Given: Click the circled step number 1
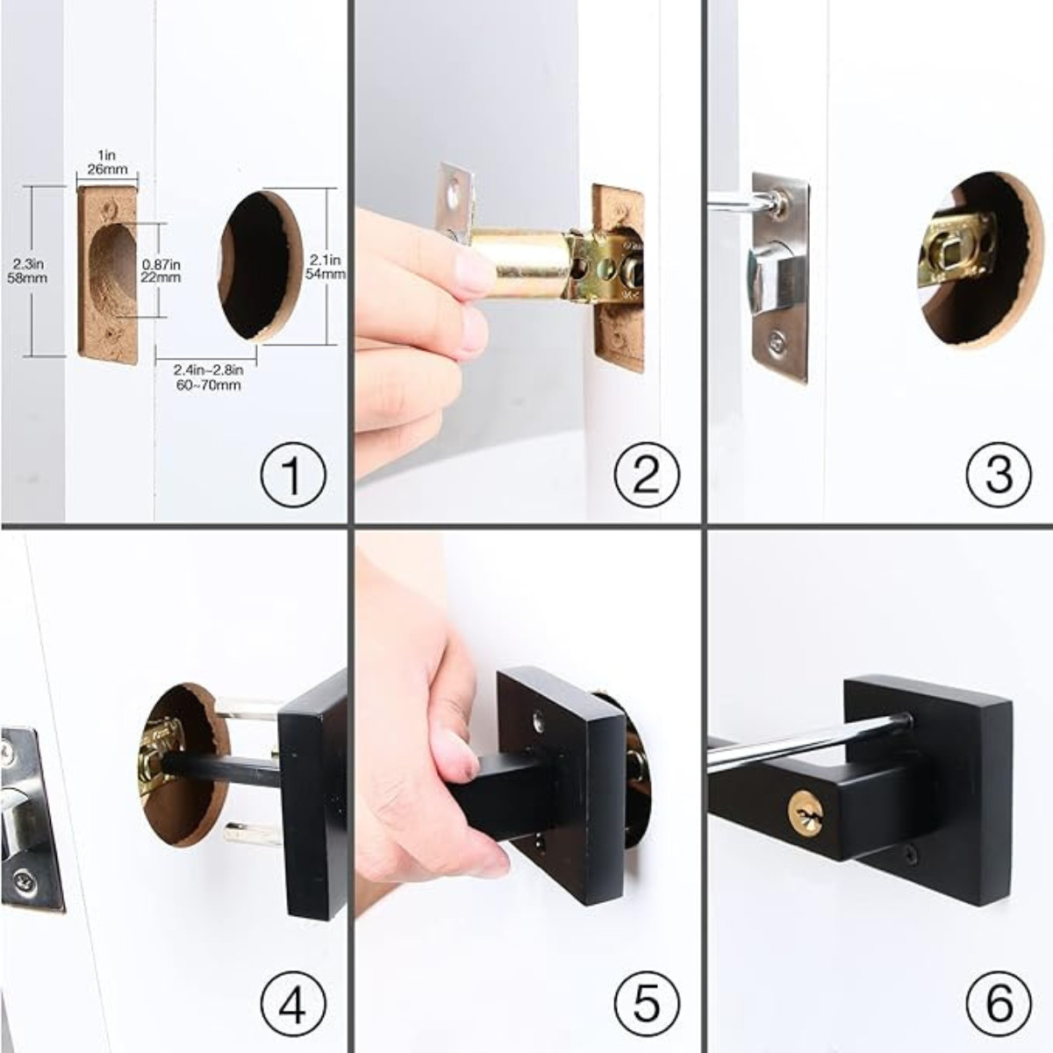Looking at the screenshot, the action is click(293, 473).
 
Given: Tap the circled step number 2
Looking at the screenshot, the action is click(647, 473).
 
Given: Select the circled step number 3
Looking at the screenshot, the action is click(999, 473).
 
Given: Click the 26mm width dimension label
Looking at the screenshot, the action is click(107, 168).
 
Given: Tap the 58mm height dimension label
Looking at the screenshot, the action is click(27, 278).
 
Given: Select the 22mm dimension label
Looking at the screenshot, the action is click(161, 277).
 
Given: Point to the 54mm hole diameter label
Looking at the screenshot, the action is click(326, 273).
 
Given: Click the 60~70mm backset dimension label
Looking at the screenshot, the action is click(208, 385).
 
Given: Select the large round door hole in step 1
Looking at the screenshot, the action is click(261, 267).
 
